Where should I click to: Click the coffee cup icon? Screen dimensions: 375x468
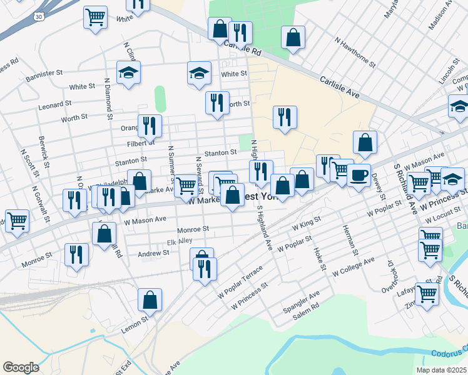tap(359, 176)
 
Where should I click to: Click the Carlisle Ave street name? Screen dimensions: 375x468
tap(339, 87)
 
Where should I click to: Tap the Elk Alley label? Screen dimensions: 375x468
tap(180, 242)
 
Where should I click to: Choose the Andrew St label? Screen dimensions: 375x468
tap(153, 253)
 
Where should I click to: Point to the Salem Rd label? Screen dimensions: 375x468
tap(305, 311)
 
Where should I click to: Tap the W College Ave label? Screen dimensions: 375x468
tap(354, 266)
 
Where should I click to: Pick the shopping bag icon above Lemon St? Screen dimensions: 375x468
tap(150, 301)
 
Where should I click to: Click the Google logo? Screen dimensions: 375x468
tap(21, 367)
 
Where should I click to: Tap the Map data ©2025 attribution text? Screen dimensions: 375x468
tap(441, 370)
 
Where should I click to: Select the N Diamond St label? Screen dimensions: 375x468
tap(108, 98)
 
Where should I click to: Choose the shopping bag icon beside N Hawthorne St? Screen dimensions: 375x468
tap(293, 37)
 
